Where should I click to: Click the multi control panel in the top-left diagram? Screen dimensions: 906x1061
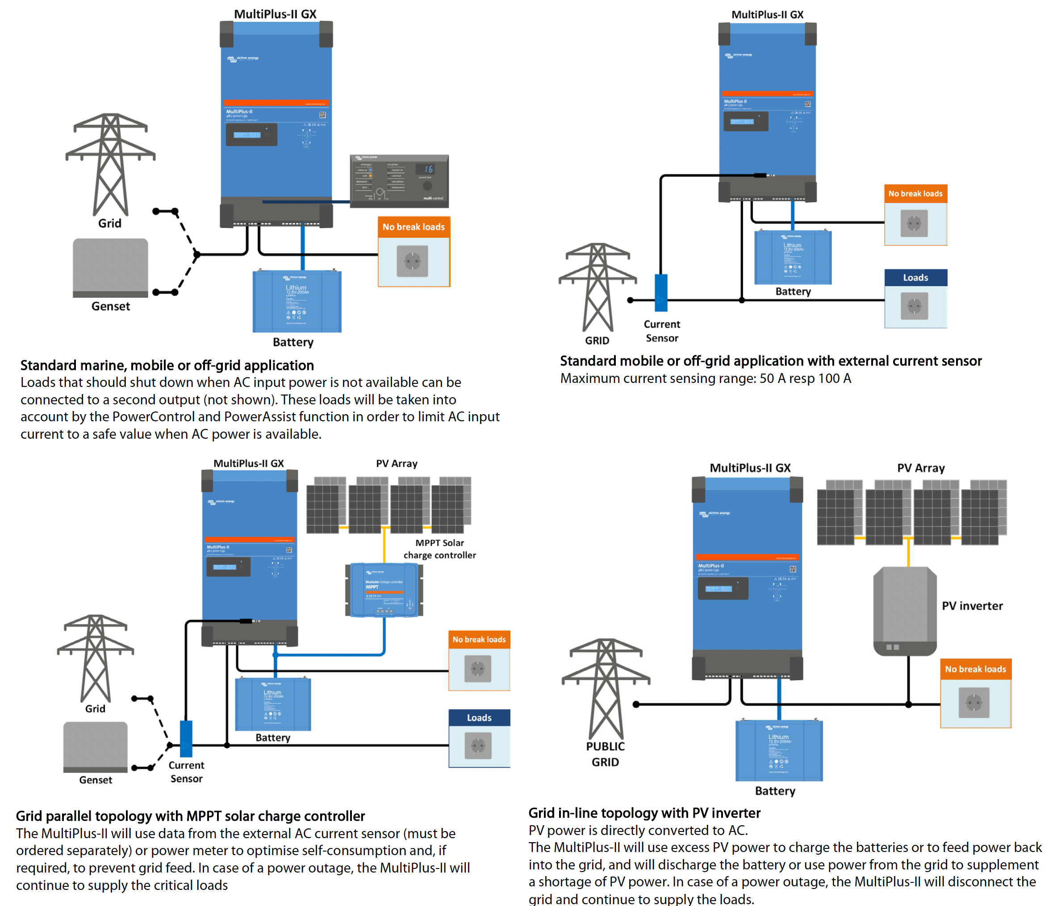[x=399, y=181]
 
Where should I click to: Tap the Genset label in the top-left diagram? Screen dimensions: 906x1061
[x=111, y=306]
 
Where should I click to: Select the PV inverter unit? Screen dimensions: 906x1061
[x=904, y=611]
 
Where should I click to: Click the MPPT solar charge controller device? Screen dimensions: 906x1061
[x=384, y=590]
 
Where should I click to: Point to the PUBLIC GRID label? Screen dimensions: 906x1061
[x=605, y=754]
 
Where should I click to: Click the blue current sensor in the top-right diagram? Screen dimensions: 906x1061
[x=661, y=293]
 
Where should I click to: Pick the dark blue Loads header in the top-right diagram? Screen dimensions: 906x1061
[x=915, y=278]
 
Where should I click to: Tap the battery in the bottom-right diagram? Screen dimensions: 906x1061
[x=779, y=750]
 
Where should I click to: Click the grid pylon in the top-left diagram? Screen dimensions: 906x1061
[x=110, y=164]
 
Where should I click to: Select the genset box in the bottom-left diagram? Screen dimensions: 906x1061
[x=95, y=746]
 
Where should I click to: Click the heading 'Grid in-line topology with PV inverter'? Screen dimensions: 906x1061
[x=644, y=813]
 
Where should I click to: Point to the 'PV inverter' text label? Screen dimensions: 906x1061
[x=972, y=606]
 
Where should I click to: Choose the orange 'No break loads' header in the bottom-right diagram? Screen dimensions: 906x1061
[x=975, y=669]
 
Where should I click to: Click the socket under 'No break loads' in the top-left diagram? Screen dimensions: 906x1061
[x=412, y=261]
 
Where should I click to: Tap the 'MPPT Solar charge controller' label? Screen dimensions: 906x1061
[x=439, y=549]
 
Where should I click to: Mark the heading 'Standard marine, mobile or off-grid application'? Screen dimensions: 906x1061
[x=167, y=366]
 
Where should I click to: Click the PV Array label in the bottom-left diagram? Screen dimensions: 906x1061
[x=397, y=463]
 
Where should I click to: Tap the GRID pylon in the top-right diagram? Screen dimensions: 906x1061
[x=597, y=287]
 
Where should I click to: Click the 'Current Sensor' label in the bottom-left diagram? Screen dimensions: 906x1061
[x=186, y=771]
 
